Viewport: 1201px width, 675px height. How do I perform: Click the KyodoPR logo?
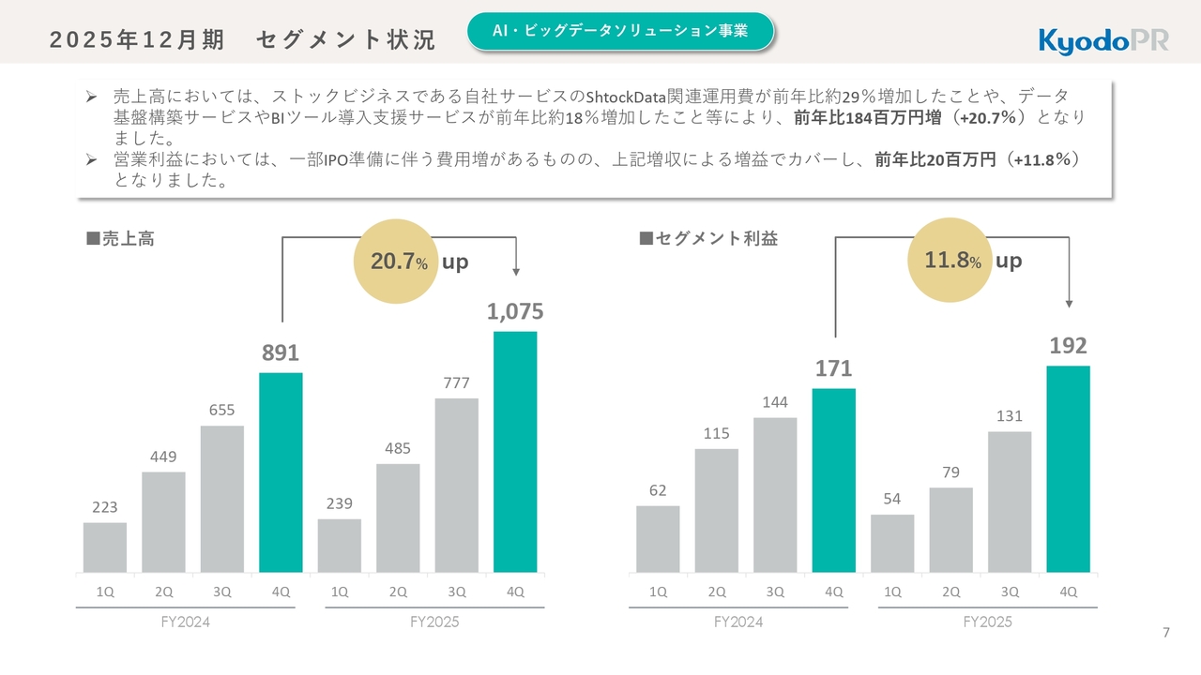click(x=1102, y=41)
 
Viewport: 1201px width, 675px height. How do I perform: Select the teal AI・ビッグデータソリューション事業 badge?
click(x=620, y=31)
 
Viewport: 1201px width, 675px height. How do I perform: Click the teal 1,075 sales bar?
click(x=515, y=451)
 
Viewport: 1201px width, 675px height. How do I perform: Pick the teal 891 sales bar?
click(x=281, y=472)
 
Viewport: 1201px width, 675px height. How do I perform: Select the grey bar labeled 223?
click(x=104, y=547)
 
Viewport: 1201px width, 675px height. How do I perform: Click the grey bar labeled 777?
click(x=456, y=485)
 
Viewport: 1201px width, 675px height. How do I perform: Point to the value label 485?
click(x=398, y=449)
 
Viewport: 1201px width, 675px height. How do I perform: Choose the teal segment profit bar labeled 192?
click(x=1068, y=469)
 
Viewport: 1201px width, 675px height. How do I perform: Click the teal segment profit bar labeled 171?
click(x=833, y=480)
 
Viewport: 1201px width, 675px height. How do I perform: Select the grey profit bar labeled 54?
click(x=892, y=543)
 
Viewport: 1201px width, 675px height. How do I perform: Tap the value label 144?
click(x=775, y=402)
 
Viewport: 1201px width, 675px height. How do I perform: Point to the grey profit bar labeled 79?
click(x=950, y=530)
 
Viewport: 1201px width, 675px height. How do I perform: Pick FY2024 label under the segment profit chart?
click(x=738, y=622)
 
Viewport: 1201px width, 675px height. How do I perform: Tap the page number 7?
click(x=1166, y=633)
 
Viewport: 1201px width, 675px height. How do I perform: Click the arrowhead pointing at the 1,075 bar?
click(x=515, y=272)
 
